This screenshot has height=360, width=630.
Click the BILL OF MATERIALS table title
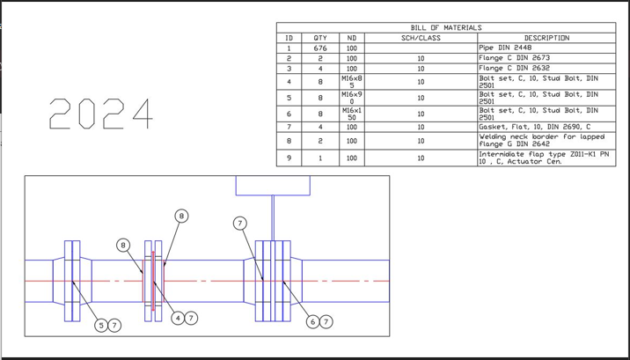(x=445, y=28)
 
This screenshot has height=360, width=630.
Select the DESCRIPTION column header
(x=546, y=38)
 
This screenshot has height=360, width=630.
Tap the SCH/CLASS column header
(x=421, y=38)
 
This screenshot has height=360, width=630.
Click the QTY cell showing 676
(x=319, y=48)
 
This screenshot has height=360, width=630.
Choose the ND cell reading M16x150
(x=352, y=114)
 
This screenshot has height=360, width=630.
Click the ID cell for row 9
(x=289, y=158)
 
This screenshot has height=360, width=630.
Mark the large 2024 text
(x=99, y=114)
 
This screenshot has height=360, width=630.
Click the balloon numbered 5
(x=101, y=326)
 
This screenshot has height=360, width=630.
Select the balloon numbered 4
(x=177, y=319)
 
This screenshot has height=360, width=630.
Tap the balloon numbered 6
(x=312, y=322)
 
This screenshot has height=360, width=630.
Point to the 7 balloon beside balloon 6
(x=326, y=322)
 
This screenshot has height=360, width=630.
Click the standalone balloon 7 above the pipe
(x=240, y=223)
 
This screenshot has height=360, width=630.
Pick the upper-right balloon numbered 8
(x=181, y=215)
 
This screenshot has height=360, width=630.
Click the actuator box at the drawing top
(x=273, y=185)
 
